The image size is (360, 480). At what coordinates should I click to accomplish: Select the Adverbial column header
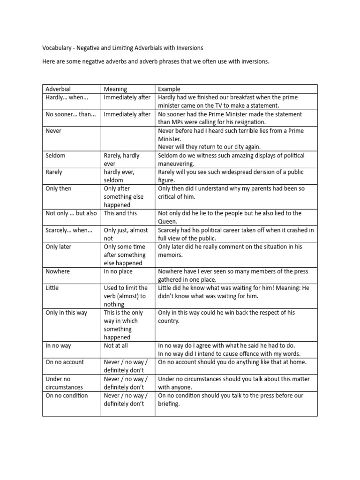pos(58,89)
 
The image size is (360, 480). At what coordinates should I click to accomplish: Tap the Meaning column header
pos(115,89)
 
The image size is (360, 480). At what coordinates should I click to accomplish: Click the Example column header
pos(169,89)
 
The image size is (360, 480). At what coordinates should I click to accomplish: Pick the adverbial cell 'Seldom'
pos(55,156)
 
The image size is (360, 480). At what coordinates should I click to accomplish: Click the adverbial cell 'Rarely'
pos(54,172)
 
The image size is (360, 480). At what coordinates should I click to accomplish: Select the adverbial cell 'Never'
pos(53,131)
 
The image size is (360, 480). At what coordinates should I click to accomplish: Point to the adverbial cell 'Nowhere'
pos(58,271)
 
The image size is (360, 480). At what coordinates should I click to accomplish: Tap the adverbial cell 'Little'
pos(52,288)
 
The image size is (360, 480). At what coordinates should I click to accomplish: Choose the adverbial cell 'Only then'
pos(59,188)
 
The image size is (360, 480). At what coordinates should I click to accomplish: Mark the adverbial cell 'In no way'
pos(58,345)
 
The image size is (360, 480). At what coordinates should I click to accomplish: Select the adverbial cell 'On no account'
pos(65,362)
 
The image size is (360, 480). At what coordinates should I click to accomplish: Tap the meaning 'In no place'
pos(118,271)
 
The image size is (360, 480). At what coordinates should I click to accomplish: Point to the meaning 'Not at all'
pos(116,345)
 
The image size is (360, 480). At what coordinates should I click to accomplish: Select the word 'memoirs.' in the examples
pos(170,255)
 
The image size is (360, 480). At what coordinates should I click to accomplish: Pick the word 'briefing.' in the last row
pos(169,404)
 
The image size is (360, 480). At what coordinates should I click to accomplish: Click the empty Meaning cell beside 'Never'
pos(127,139)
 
